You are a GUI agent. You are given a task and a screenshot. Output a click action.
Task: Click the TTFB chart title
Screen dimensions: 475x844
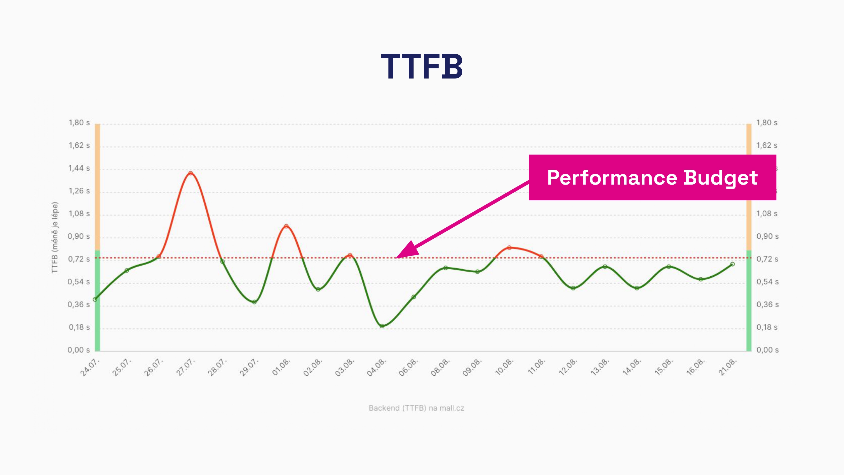[422, 67]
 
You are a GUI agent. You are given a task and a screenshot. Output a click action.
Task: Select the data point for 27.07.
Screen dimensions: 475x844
[191, 173]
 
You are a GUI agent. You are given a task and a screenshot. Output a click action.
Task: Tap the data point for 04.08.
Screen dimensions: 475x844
[382, 326]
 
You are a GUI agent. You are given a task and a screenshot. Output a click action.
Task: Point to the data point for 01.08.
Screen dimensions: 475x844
[286, 226]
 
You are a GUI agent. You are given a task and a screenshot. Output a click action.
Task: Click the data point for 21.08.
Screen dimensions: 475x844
[732, 264]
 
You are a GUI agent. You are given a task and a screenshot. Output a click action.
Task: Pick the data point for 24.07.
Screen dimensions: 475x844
[95, 299]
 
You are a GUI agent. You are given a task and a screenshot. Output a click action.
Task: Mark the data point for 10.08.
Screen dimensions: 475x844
[509, 248]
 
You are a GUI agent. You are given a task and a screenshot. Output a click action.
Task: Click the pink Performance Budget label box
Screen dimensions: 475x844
[652, 177]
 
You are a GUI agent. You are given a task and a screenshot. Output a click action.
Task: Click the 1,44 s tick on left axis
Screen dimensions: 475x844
[79, 168]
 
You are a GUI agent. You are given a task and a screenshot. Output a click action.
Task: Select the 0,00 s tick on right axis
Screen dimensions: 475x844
[767, 350]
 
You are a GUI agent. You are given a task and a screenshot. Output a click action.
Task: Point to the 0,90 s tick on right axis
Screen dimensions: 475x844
[767, 236]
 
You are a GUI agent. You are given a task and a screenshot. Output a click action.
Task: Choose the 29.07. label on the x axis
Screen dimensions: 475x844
[249, 368]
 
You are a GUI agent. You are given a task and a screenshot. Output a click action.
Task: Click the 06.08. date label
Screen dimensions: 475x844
[408, 368]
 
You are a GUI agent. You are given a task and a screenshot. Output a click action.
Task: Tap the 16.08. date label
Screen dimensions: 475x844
[695, 368]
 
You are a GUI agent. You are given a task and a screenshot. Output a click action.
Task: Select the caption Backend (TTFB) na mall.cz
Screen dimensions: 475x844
[416, 408]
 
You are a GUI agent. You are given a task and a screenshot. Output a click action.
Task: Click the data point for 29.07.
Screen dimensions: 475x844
[254, 302]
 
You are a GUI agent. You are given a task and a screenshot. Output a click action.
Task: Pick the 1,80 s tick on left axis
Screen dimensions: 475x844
[79, 123]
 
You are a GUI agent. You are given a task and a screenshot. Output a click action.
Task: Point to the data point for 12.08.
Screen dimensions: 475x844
[573, 288]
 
